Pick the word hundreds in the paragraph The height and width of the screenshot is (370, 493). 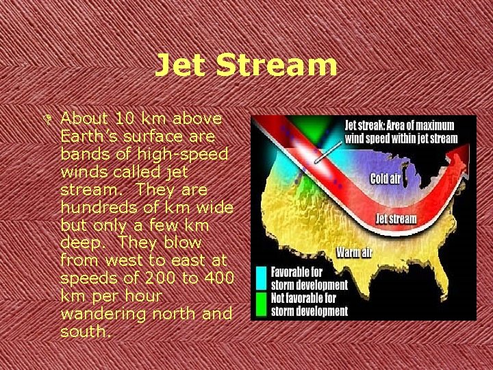pos(94,207)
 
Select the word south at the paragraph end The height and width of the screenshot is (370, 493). pos(84,332)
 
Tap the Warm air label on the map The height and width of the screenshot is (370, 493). pos(354,253)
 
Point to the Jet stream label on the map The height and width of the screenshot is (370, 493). pos(396,219)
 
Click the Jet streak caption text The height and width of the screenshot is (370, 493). pos(401,132)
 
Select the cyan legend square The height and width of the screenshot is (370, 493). pos(261,276)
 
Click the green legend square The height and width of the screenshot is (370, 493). pos(261,303)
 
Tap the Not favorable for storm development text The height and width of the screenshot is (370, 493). pos(309,304)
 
